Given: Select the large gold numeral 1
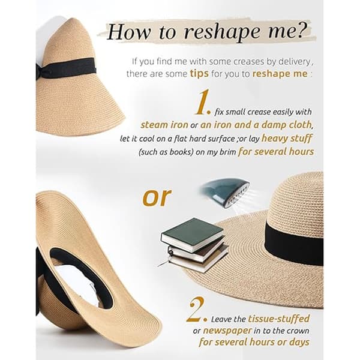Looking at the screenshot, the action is tap(203, 102).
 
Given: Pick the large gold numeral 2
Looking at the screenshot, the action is tap(196, 310).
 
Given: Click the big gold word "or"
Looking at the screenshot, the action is tap(157, 197).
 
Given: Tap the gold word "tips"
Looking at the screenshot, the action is tap(199, 74).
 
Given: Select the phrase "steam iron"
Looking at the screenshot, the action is tap(164, 125).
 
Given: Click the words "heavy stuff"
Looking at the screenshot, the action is tap(287, 139).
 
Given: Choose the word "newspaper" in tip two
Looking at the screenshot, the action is tap(227, 331).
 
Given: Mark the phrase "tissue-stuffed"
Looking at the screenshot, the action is tap(279, 319).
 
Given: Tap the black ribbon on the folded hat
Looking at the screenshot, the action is tap(66, 67).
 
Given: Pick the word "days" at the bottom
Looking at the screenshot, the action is tap(299, 343).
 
